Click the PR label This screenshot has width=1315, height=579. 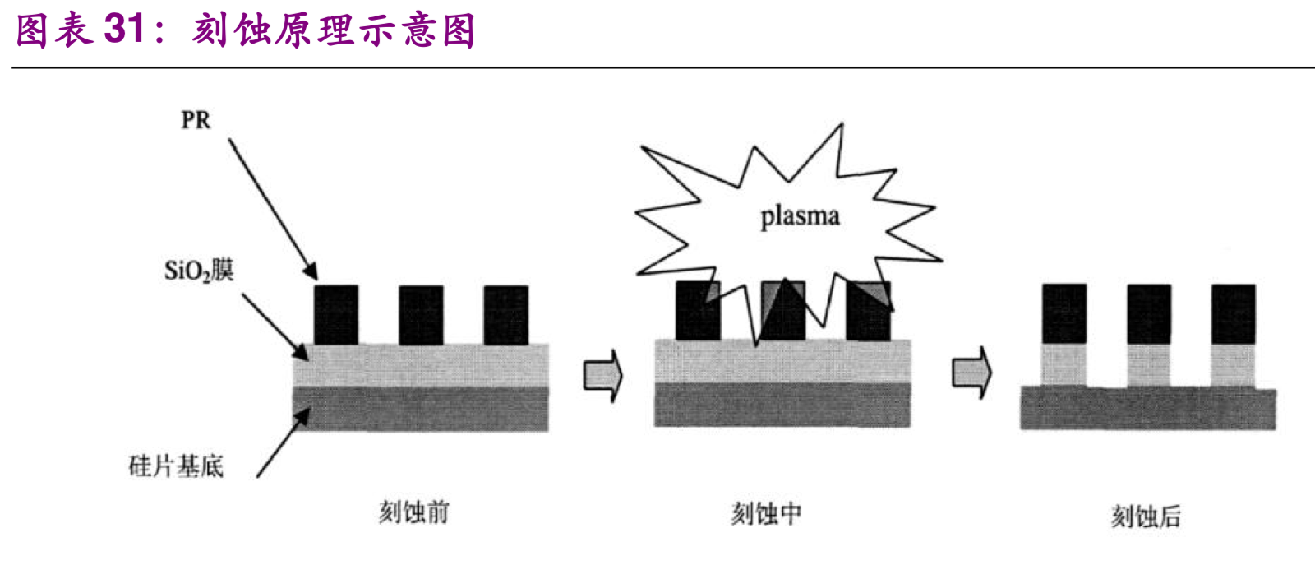pos(196,120)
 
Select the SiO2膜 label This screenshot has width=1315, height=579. pos(199,270)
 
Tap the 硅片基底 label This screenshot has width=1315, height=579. pos(176,467)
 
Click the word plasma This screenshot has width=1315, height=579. pos(800,216)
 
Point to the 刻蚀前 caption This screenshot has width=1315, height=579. pos(413,512)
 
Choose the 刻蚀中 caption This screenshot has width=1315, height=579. pos(766,514)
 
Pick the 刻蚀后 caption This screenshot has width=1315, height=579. pos(1146,516)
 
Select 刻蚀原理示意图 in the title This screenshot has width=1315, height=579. pos(334,31)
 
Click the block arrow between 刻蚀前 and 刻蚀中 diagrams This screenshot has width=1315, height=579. pos(603,375)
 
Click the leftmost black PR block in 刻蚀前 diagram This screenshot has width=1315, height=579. pos(336,315)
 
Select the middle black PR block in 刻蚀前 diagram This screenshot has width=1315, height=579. pos(421,315)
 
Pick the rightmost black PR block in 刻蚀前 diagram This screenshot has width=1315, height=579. pos(505,315)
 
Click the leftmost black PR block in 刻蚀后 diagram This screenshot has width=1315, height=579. pos(1064,313)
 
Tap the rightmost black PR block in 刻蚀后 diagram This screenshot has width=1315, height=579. pos(1233,313)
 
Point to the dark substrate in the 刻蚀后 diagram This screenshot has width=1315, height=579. pos(1148,409)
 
